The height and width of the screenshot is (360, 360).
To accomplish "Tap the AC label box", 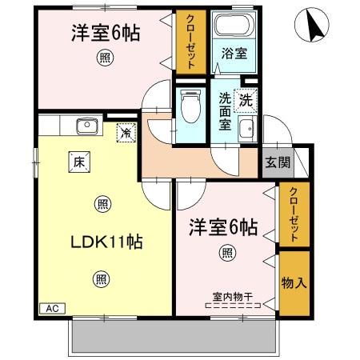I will coord(50,308).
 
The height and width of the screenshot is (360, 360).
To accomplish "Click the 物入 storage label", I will coord(293,285).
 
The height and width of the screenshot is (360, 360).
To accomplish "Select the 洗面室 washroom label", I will coord(226,111).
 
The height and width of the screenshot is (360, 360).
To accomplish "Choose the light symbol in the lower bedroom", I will coord(228,254).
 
